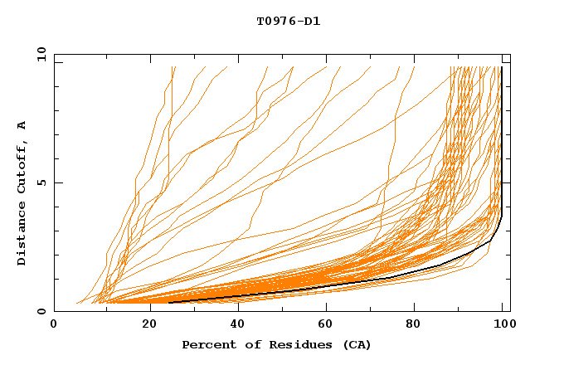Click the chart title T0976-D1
point(288,21)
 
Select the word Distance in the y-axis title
point(22,236)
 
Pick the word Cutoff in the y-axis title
point(22,172)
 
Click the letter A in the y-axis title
point(22,126)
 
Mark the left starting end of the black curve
point(169,303)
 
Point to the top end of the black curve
point(502,67)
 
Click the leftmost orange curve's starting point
point(76,303)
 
